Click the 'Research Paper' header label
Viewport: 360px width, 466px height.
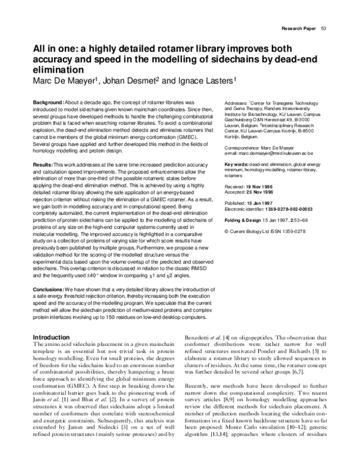point(298,28)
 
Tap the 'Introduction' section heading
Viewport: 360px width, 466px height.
point(55,337)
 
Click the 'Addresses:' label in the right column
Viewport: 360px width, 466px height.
point(238,103)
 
